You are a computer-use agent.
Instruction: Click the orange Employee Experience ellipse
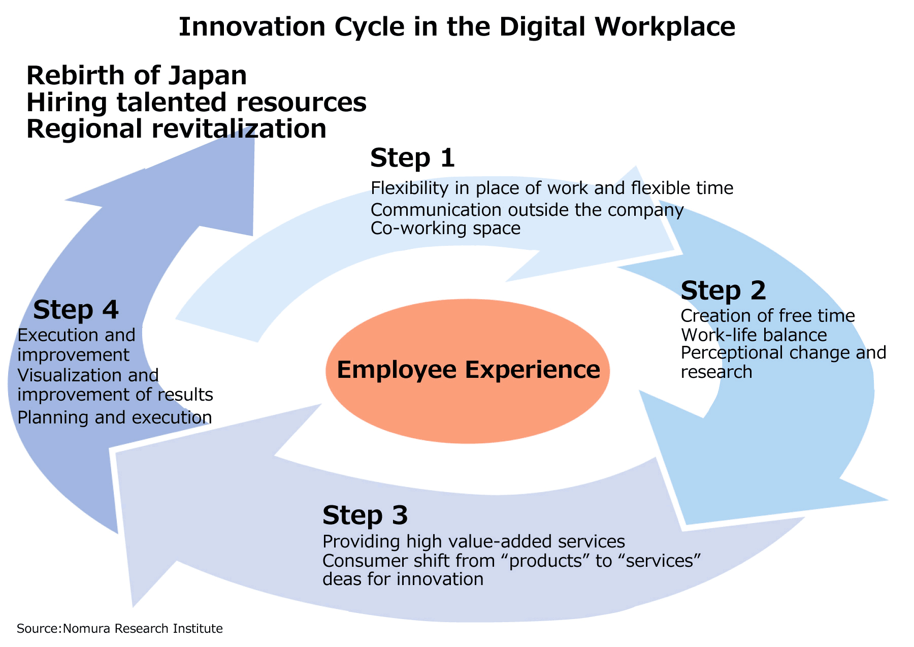(x=468, y=371)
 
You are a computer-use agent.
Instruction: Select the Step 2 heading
(x=723, y=290)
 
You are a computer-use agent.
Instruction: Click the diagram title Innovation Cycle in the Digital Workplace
(x=457, y=27)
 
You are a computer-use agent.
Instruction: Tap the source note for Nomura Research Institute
(x=120, y=629)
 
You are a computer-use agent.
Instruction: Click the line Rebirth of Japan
(x=137, y=76)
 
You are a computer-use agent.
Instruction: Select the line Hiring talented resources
(x=197, y=102)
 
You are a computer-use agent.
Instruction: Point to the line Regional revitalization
(x=176, y=129)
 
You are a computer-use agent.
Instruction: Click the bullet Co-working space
(x=446, y=229)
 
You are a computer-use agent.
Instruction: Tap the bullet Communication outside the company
(x=528, y=210)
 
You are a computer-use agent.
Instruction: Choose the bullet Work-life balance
(x=754, y=335)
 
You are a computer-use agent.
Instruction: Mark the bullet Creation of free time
(x=768, y=316)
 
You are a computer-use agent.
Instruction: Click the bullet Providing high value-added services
(x=474, y=541)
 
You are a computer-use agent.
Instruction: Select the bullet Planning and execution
(x=115, y=417)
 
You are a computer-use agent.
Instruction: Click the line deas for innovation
(x=403, y=579)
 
